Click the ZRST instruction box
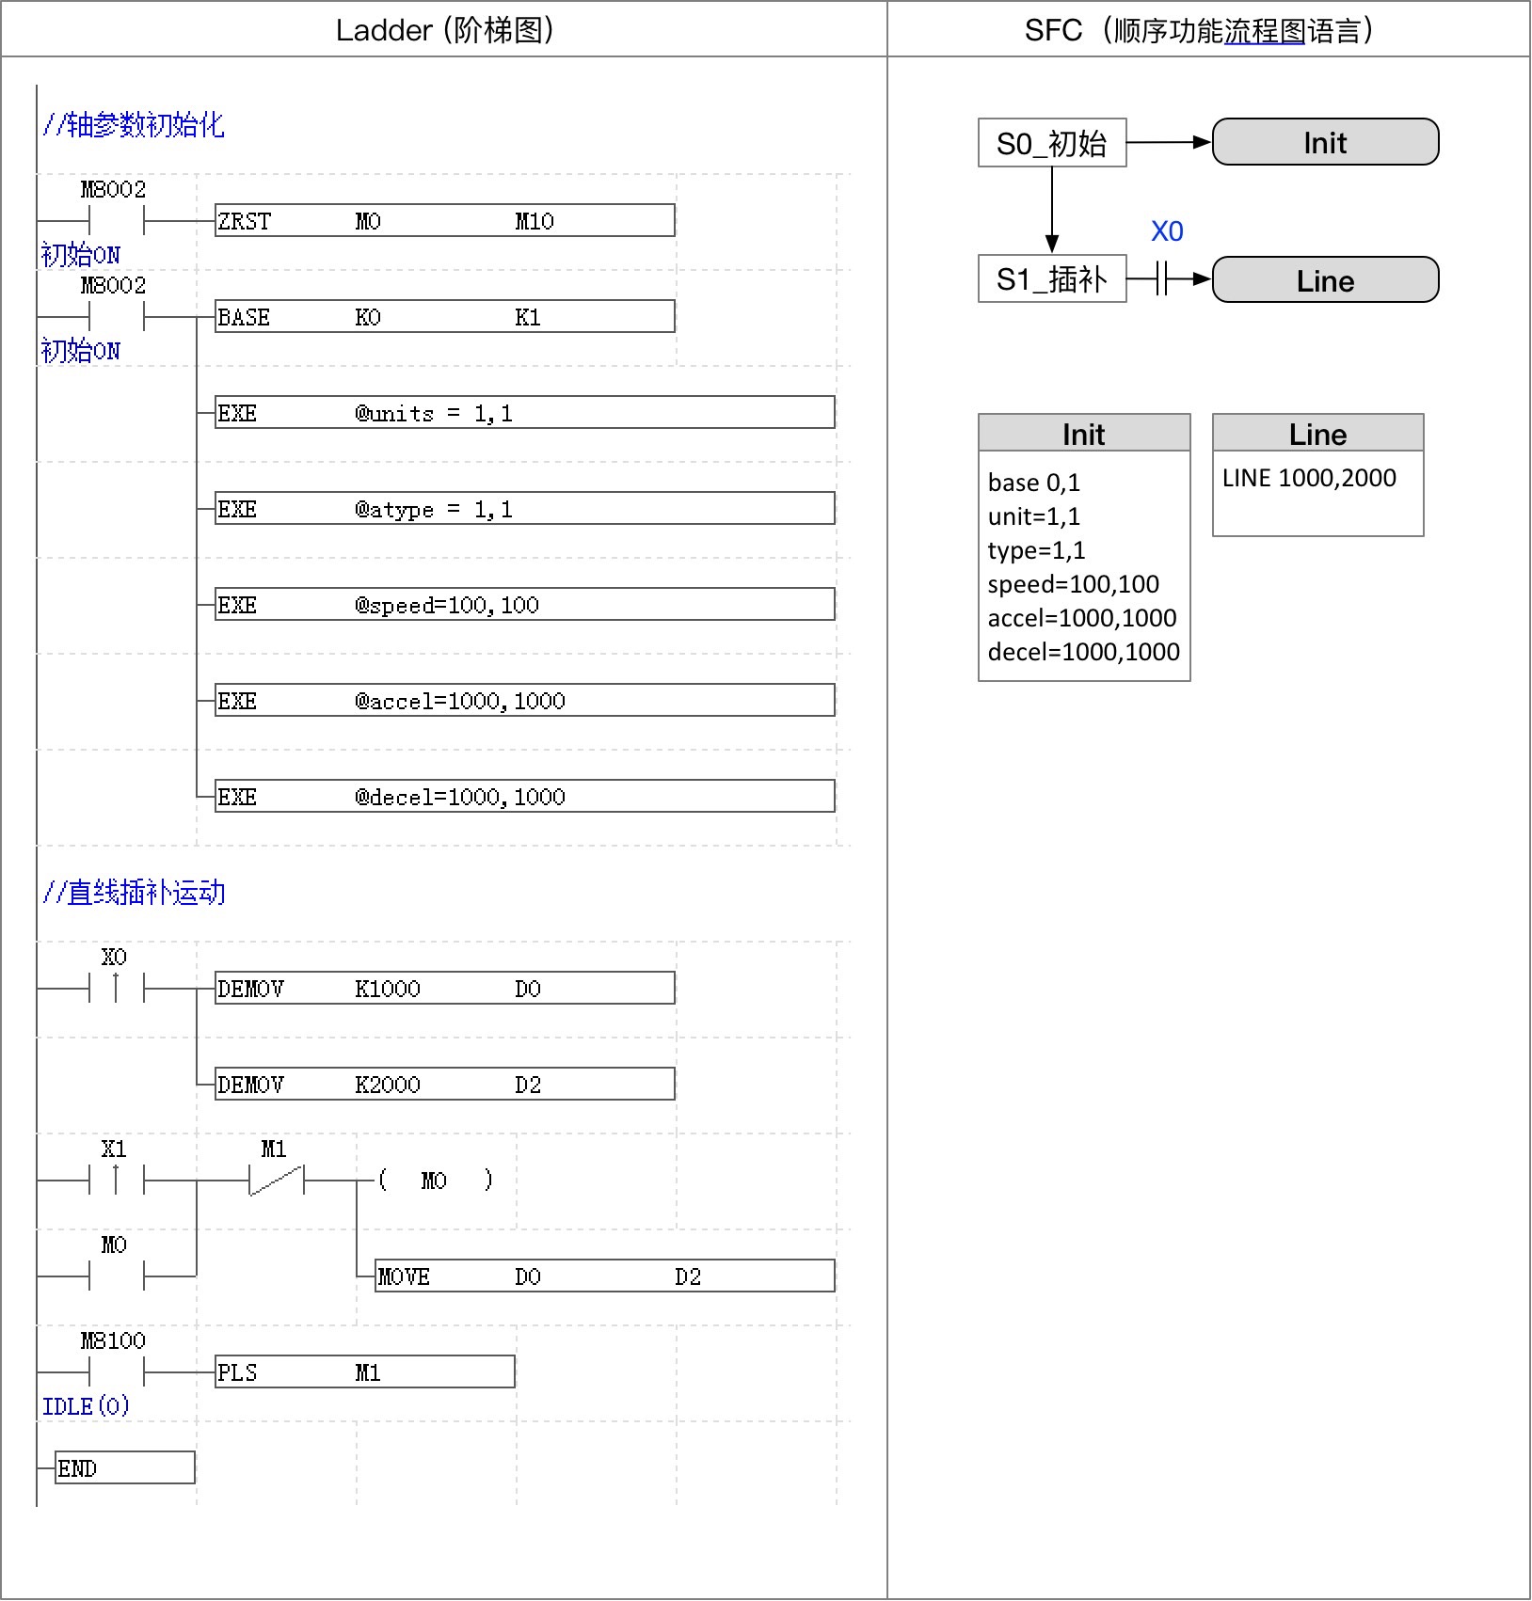pos(444,221)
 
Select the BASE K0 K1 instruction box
pos(444,317)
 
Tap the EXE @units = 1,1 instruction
pos(524,413)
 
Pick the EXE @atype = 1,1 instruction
pos(524,509)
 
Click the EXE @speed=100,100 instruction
pos(524,605)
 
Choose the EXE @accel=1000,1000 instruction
pos(524,701)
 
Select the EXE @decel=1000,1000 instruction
pos(524,797)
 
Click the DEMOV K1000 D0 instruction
pos(444,989)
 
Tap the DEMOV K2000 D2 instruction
pos(444,1085)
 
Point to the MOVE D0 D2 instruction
pos(604,1276)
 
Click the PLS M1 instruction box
pos(364,1372)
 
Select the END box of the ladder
pos(125,1468)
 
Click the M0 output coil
pos(434,1181)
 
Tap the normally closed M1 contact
pos(276,1180)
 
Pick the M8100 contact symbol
pos(116,1372)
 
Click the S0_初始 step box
pos(1052,143)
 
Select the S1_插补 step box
pos(1052,279)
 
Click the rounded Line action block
pos(1325,280)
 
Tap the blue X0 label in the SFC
pos(1167,231)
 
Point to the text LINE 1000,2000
pos(1309,478)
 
